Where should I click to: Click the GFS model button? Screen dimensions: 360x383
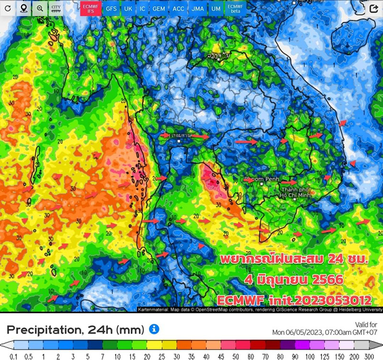[112, 9]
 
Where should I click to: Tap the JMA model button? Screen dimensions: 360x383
[197, 9]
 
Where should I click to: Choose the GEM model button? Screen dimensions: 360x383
[158, 9]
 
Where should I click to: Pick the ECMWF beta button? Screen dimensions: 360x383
[234, 9]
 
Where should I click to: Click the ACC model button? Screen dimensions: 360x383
[178, 9]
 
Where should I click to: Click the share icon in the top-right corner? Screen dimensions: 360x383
[374, 9]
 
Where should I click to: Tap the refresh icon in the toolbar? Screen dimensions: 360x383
[8, 9]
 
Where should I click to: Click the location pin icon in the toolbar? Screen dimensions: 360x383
[24, 9]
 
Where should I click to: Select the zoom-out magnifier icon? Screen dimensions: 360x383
[40, 9]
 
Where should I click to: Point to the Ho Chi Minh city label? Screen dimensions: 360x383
[296, 193]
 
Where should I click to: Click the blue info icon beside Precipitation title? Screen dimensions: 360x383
[154, 329]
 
